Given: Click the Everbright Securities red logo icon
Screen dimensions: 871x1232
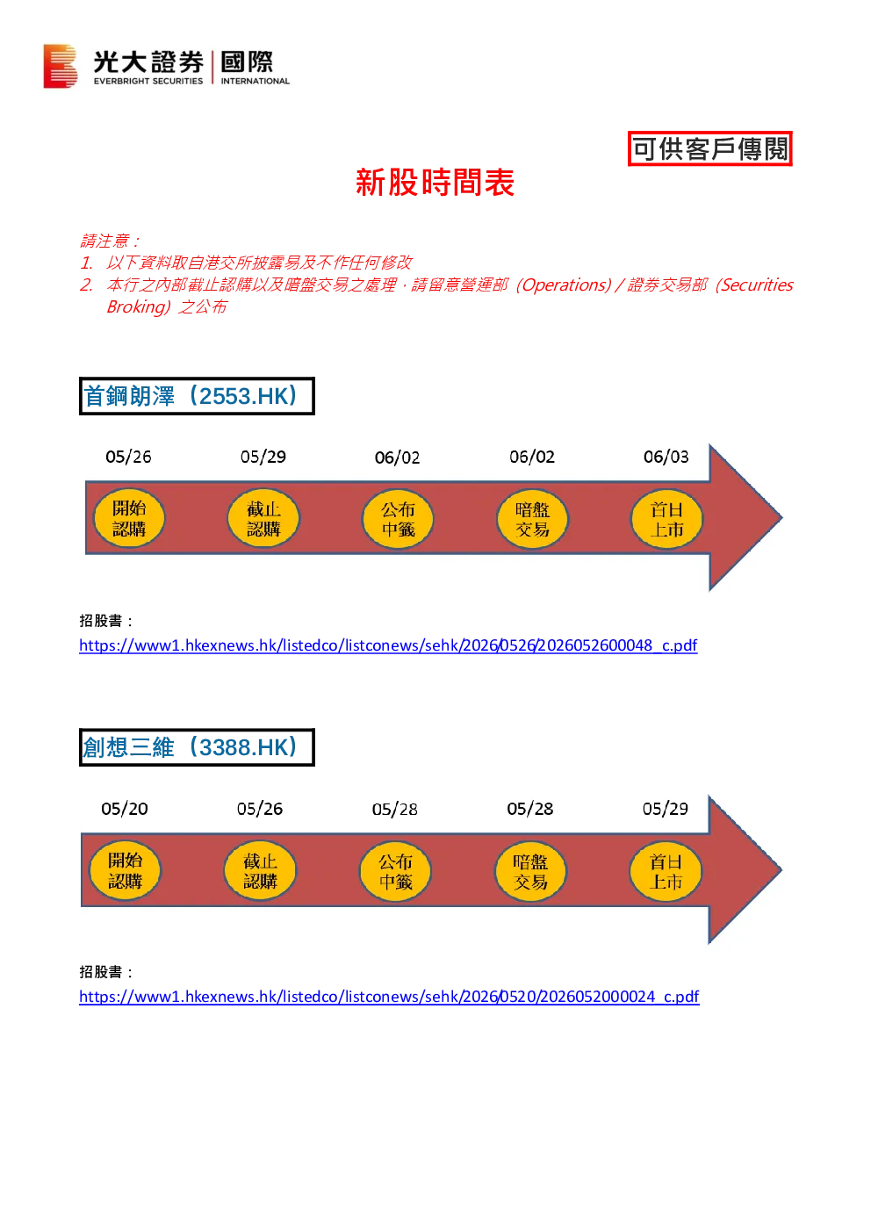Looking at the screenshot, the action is (61, 66).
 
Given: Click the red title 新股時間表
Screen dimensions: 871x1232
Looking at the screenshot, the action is (435, 182).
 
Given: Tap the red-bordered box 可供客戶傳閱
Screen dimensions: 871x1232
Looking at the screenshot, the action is (710, 148).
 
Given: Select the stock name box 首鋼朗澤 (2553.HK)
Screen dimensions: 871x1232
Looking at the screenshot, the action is (197, 396).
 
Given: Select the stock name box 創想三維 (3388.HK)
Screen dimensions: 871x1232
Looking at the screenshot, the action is (197, 747).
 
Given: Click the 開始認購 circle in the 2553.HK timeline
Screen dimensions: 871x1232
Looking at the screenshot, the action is (129, 518).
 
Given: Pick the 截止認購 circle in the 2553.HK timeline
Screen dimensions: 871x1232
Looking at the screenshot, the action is (263, 518).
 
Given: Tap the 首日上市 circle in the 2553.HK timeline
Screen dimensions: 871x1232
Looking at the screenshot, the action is (666, 519).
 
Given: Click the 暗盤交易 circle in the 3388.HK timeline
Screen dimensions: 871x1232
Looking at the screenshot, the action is (530, 871).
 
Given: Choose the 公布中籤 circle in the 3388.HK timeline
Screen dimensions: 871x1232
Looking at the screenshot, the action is (395, 871).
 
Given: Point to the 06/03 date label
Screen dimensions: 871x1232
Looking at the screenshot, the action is (666, 457).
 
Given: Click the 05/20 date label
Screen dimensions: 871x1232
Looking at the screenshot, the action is (125, 809).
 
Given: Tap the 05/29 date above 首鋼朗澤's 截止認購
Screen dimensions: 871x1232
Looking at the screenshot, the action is (263, 457).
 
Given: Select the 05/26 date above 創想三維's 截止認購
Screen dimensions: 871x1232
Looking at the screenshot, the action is (260, 809).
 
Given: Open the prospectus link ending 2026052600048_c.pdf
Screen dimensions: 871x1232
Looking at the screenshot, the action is (388, 645).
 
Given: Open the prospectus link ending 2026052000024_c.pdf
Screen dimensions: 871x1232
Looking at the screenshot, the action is (389, 997).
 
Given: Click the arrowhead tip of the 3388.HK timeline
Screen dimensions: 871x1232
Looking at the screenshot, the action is (781, 869).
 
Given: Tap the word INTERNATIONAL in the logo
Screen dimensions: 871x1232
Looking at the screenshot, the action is (256, 81).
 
